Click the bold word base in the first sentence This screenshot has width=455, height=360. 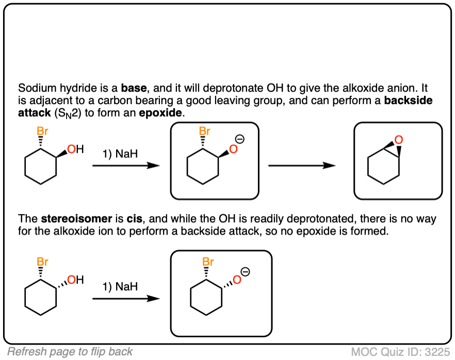pyautogui.click(x=134, y=88)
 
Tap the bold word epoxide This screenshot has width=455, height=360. pyautogui.click(x=160, y=112)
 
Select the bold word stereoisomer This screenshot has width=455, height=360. pyautogui.click(x=76, y=219)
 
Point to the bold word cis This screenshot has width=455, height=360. pyautogui.click(x=134, y=219)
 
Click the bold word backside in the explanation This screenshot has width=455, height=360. pyautogui.click(x=408, y=100)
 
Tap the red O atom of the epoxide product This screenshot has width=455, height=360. pyautogui.click(x=399, y=140)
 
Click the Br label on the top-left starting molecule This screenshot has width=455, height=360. pyautogui.click(x=42, y=131)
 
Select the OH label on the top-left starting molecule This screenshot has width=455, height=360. pyautogui.click(x=75, y=149)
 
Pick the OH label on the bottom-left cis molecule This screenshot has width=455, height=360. pyautogui.click(x=75, y=280)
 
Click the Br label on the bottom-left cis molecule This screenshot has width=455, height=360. pyautogui.click(x=42, y=261)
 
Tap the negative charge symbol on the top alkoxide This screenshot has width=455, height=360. pyautogui.click(x=240, y=139)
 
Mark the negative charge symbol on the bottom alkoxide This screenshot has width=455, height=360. pyautogui.click(x=246, y=272)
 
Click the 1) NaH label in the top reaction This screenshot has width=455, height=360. pyautogui.click(x=120, y=154)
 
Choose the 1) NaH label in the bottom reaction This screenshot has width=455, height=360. pyautogui.click(x=120, y=287)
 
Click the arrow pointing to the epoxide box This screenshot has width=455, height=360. pyautogui.click(x=302, y=166)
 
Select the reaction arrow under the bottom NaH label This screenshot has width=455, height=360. pyautogui.click(x=126, y=299)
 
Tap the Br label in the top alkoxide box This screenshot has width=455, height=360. pyautogui.click(x=205, y=131)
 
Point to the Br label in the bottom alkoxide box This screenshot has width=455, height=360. pyautogui.click(x=208, y=261)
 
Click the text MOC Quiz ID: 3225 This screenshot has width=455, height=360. pyautogui.click(x=400, y=352)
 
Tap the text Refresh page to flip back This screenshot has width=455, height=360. pyautogui.click(x=70, y=352)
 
